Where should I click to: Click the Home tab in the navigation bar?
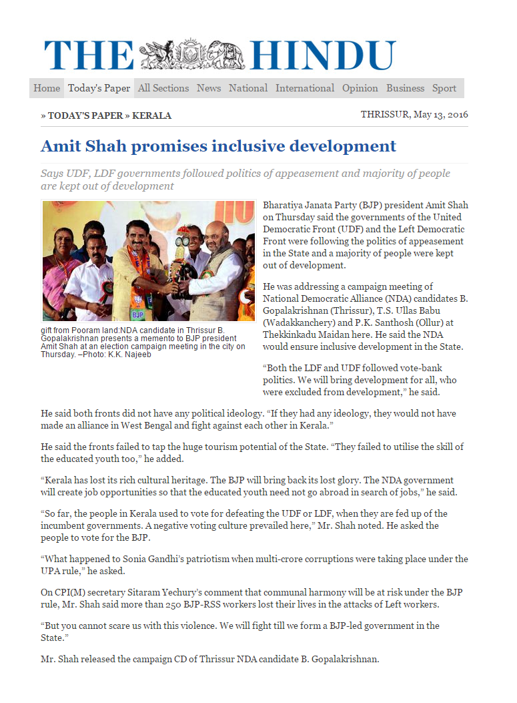(47, 88)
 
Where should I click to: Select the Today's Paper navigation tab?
(99, 88)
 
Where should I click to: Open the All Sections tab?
(163, 88)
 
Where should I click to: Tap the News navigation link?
(209, 88)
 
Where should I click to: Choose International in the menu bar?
(305, 88)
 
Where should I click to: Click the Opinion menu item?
(360, 88)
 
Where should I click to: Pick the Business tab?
(406, 88)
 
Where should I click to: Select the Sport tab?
(444, 88)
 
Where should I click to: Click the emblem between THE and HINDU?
(192, 53)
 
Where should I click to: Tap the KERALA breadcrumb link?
(152, 115)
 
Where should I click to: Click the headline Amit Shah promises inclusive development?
(219, 146)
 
